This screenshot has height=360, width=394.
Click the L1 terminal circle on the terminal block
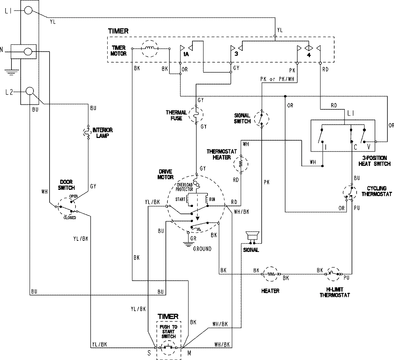click(x=29, y=11)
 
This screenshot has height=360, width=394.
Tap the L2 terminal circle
click(x=30, y=91)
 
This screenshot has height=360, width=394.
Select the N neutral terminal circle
click(x=29, y=52)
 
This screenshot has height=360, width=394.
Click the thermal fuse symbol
click(x=196, y=115)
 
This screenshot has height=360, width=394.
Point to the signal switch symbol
click(x=262, y=119)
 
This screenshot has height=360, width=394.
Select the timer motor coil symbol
click(x=150, y=49)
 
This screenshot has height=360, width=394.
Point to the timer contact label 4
click(x=308, y=55)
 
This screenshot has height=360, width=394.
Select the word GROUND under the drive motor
click(x=202, y=249)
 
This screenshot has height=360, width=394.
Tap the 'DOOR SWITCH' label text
click(x=67, y=185)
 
